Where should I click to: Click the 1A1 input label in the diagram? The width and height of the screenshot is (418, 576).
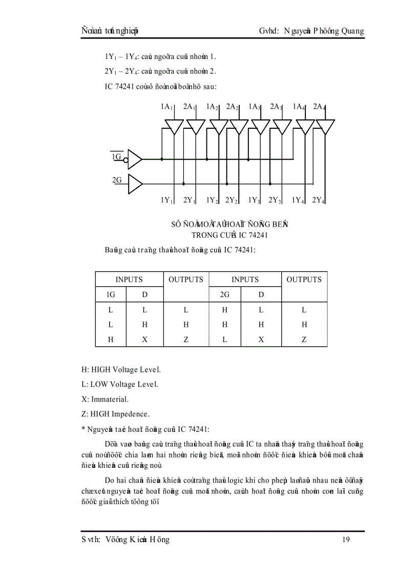(166, 107)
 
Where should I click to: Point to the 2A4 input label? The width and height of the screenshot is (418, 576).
(320, 107)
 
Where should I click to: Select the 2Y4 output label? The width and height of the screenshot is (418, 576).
(319, 201)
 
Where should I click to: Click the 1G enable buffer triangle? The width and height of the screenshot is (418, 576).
(134, 160)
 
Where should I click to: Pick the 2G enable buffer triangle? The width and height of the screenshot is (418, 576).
(134, 184)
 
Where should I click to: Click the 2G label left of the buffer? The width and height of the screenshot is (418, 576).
(117, 180)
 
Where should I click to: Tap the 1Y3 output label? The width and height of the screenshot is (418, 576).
(255, 201)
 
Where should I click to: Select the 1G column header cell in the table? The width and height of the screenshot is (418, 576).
(111, 294)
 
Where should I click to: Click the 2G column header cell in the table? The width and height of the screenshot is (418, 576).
(224, 294)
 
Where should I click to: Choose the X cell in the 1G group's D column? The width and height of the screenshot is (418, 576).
(145, 339)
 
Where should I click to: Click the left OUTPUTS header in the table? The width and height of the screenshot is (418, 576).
(186, 280)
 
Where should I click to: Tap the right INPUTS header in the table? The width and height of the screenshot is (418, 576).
(245, 280)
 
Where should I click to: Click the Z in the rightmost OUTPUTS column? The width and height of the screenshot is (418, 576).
(304, 339)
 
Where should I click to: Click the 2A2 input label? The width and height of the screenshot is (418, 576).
(233, 107)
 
